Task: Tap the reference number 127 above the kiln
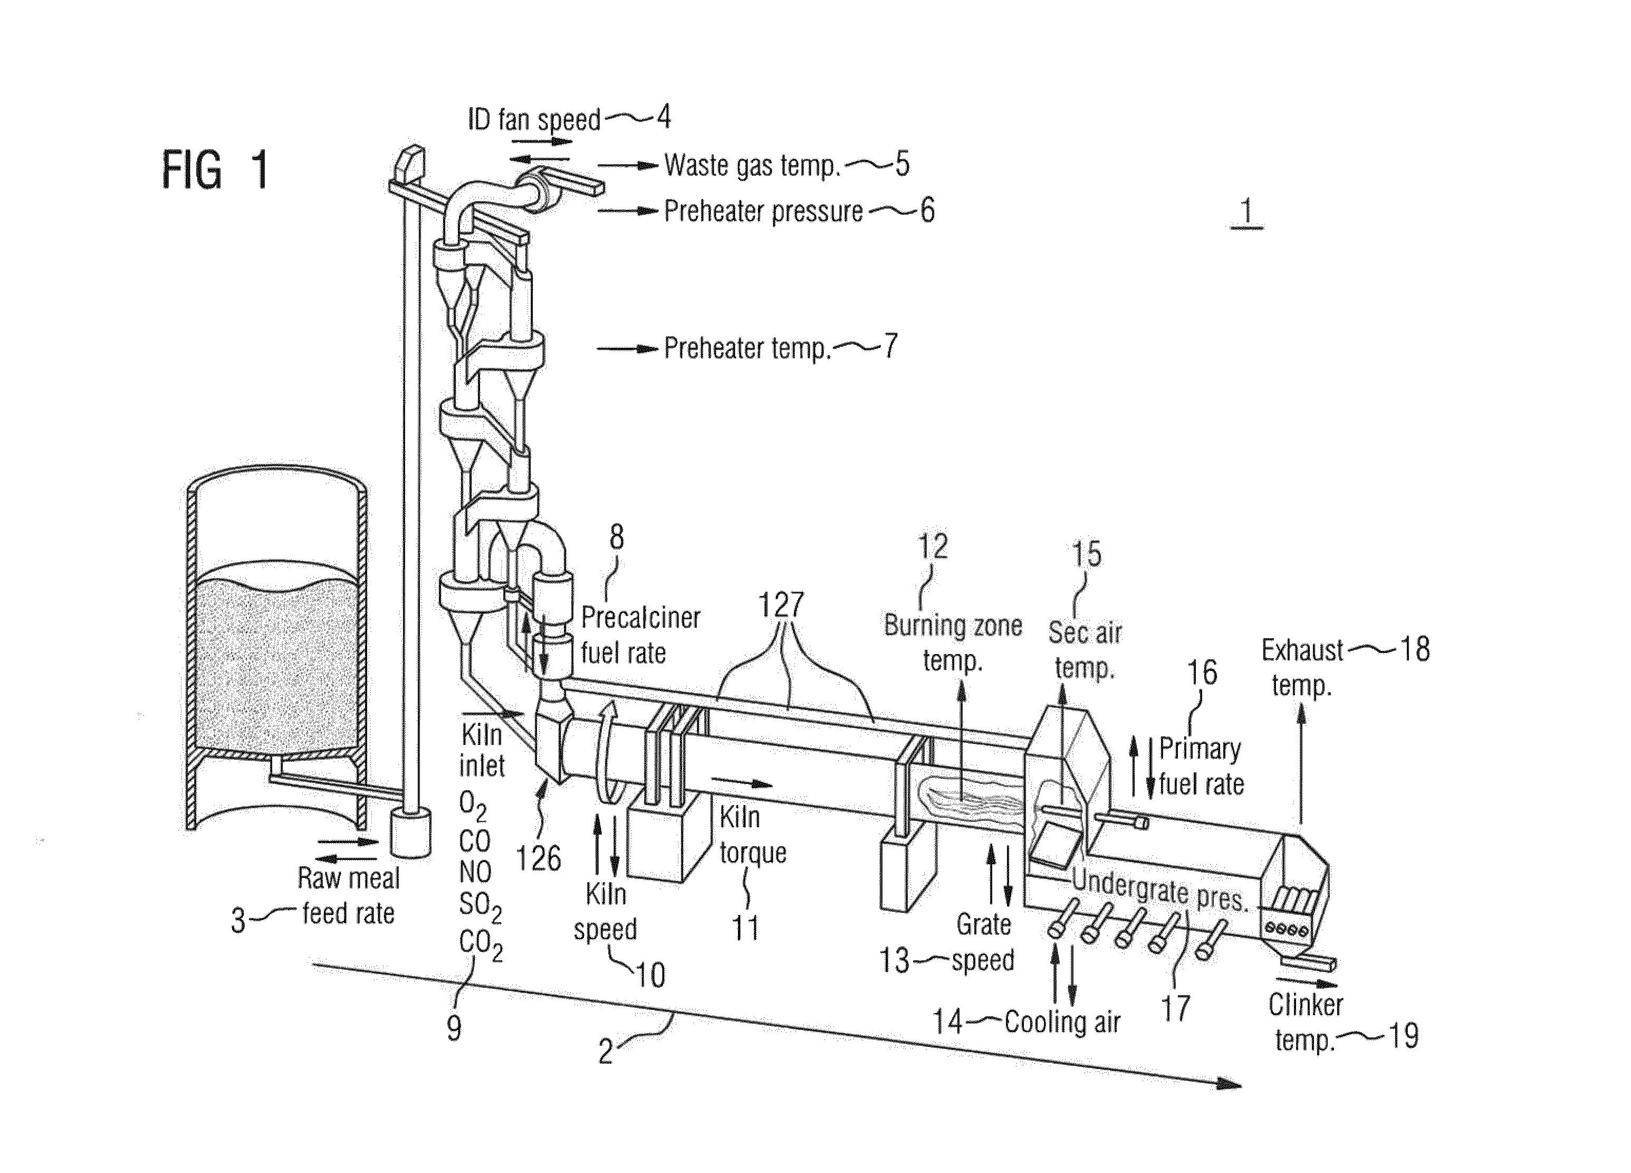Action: click(781, 605)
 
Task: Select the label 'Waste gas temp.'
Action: click(752, 166)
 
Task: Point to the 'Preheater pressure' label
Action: click(763, 212)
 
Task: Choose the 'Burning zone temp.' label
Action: click(953, 642)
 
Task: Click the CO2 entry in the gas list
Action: click(481, 945)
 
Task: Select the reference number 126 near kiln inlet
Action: click(539, 858)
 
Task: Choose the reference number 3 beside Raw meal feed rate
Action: click(238, 921)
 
